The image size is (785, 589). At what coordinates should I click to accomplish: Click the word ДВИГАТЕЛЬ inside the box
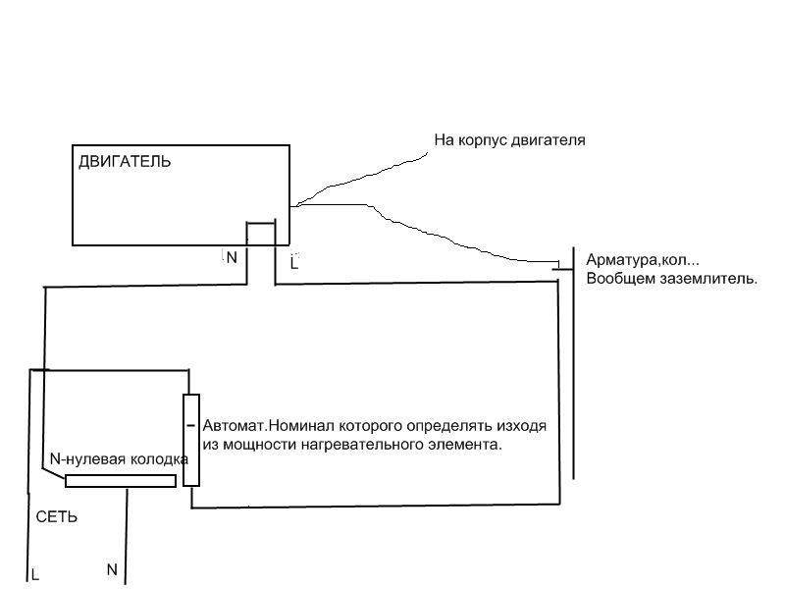(x=124, y=162)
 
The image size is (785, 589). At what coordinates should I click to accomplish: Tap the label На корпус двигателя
(x=509, y=140)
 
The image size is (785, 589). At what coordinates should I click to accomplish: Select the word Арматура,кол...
(x=640, y=261)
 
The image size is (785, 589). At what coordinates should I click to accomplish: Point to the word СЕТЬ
(x=57, y=516)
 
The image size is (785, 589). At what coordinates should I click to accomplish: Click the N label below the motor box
(x=232, y=257)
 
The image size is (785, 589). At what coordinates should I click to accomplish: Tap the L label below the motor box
(x=294, y=262)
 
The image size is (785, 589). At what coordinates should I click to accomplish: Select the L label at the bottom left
(x=35, y=574)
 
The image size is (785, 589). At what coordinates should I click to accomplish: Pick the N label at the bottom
(x=112, y=569)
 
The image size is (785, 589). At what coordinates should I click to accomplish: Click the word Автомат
(x=234, y=427)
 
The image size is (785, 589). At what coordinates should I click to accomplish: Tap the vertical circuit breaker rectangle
(x=191, y=439)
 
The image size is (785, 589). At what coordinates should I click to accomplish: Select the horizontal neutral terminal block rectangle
(x=121, y=480)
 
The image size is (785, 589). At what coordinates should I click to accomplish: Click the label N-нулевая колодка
(x=119, y=459)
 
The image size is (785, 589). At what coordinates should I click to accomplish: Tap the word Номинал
(x=300, y=427)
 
